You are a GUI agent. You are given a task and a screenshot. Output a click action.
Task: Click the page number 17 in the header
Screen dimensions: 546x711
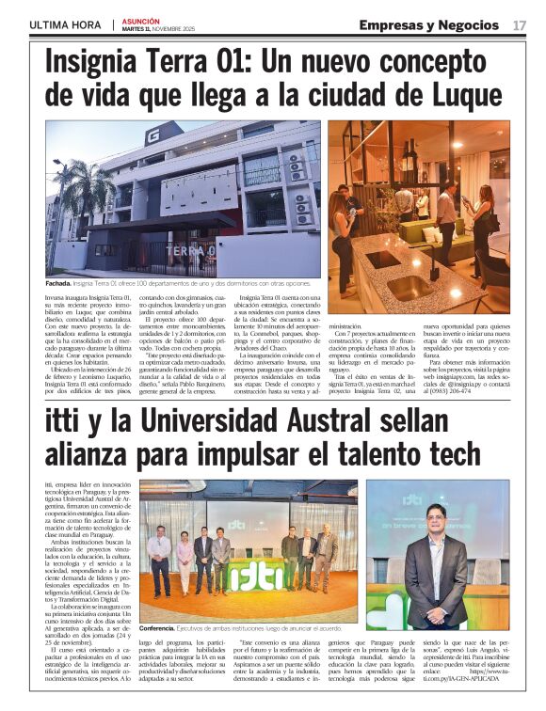[519, 25]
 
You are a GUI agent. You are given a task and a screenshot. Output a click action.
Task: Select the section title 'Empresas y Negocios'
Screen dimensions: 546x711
[428, 25]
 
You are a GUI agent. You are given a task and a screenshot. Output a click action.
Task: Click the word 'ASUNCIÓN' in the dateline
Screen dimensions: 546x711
[141, 20]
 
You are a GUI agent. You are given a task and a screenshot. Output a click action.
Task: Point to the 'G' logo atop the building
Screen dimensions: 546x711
[152, 136]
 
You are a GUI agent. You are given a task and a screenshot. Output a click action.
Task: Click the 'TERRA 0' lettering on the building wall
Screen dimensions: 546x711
[192, 252]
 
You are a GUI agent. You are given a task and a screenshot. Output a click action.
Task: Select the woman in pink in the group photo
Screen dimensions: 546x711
[185, 560]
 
